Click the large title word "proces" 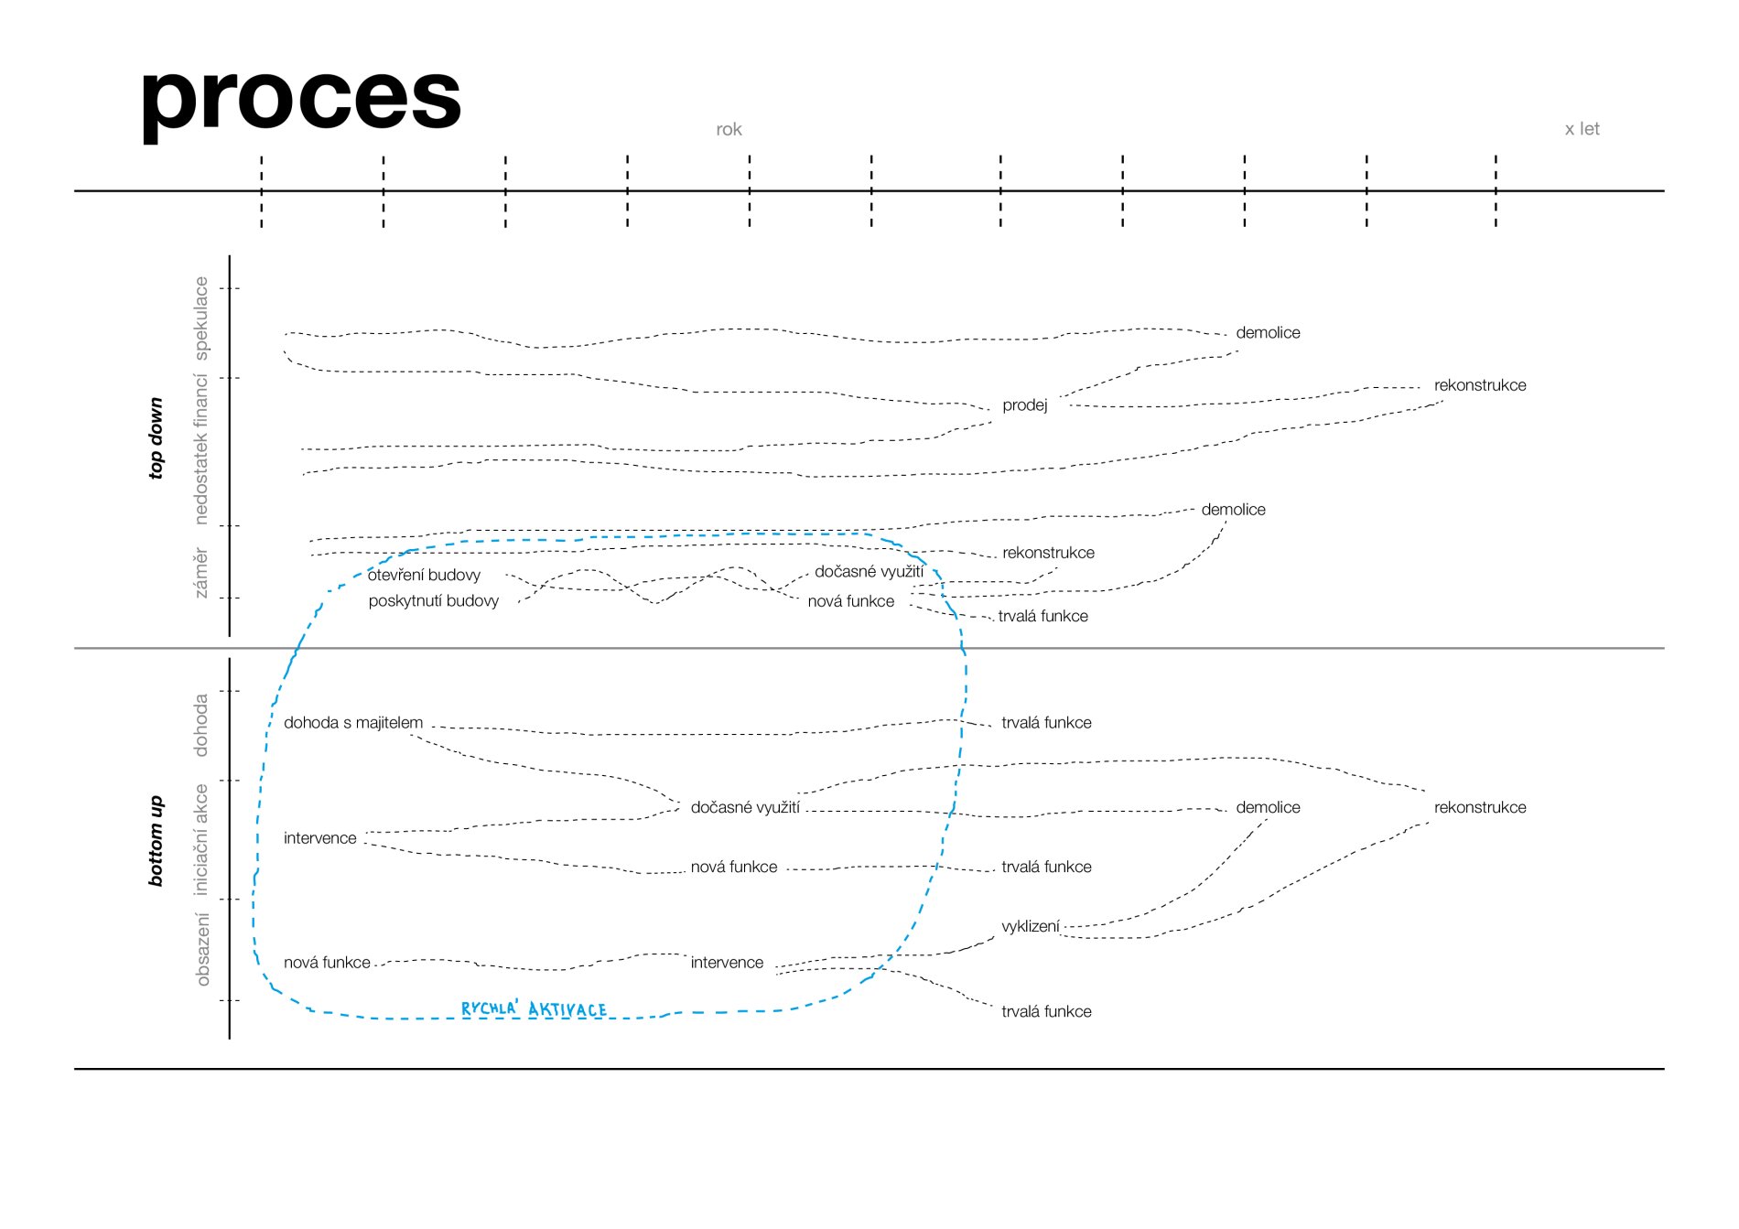click(x=301, y=99)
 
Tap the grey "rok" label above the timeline click(x=729, y=130)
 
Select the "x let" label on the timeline click(x=1582, y=129)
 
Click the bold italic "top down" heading click(x=157, y=437)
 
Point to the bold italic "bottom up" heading click(x=157, y=841)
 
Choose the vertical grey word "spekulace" click(x=201, y=318)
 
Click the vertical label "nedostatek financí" click(x=201, y=449)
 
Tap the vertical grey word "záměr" click(x=201, y=574)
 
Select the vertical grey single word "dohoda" click(x=201, y=725)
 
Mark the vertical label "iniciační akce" click(x=201, y=839)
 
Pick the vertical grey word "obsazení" click(x=202, y=949)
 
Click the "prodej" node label click(x=1024, y=405)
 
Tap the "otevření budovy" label click(x=424, y=575)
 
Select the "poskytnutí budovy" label click(x=434, y=601)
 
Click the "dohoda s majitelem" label click(x=353, y=723)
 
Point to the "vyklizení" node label click(x=1031, y=926)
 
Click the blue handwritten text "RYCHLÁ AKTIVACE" click(x=534, y=1008)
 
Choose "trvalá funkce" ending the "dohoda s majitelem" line click(x=1046, y=723)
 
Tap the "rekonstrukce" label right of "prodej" click(x=1480, y=385)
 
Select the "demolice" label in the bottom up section click(x=1268, y=807)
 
